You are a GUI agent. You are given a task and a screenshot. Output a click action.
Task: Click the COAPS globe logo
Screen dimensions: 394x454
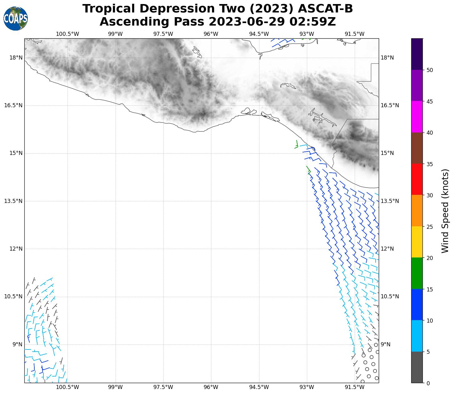(16, 19)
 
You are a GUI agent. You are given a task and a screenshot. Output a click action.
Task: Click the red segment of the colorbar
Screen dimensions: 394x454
(417, 179)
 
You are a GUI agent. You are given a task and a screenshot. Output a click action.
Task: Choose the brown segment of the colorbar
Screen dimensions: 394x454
(417, 148)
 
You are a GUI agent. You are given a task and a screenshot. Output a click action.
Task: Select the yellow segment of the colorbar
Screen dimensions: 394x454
(417, 242)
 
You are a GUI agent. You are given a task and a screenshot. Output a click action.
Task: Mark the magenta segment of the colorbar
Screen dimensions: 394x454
(417, 117)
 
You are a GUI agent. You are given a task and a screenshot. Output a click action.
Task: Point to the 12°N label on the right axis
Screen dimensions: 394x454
(387, 249)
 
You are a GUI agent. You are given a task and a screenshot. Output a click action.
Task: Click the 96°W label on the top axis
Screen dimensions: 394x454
(211, 34)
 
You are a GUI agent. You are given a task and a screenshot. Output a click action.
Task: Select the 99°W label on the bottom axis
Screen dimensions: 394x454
(115, 387)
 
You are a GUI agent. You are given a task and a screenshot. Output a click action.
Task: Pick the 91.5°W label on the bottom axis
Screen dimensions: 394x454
(355, 387)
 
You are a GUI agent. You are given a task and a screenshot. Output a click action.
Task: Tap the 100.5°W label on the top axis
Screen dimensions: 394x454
(67, 34)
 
